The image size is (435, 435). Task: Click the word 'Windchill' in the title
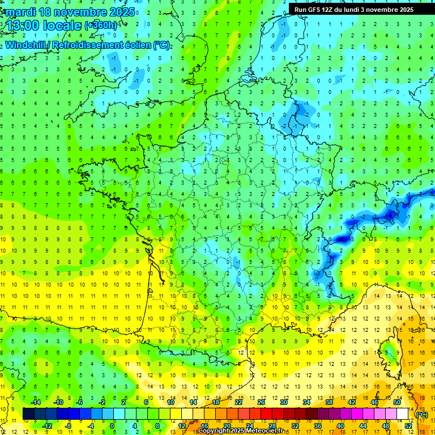coord(26,45)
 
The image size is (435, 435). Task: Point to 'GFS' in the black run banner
coord(316,10)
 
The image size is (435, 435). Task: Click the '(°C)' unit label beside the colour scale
coord(421,414)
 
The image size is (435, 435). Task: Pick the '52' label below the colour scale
coord(408,426)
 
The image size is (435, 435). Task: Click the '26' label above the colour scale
coord(261,402)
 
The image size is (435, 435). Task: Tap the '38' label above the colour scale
coord(329,402)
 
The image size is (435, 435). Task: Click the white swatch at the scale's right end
coord(403,414)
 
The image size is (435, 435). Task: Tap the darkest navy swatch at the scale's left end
coord(28,414)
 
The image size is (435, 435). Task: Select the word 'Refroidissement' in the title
coord(84,45)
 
